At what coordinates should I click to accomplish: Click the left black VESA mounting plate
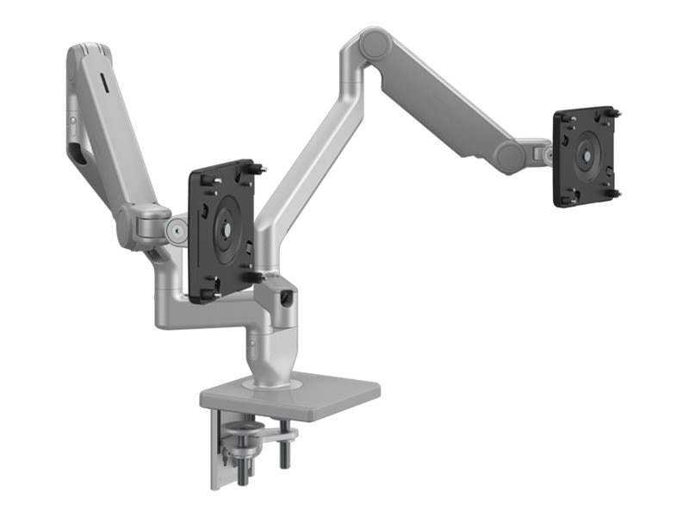tap(222, 231)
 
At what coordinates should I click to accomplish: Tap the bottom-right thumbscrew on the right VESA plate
tap(614, 193)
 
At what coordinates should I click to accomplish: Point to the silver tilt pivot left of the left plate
tap(177, 230)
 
